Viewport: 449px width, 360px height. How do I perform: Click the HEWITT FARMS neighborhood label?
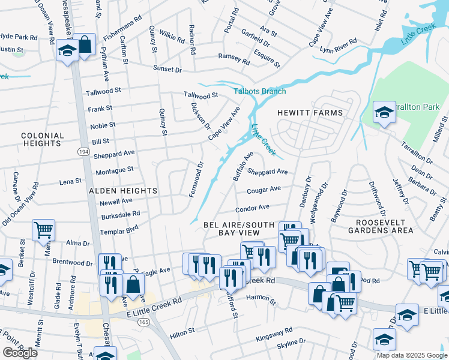(x=310, y=113)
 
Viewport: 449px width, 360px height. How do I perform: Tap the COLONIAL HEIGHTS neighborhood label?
(x=43, y=140)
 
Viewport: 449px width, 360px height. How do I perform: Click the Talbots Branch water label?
(x=259, y=91)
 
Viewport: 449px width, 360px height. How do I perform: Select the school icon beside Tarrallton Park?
(x=384, y=112)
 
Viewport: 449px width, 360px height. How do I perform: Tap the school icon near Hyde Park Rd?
(x=67, y=51)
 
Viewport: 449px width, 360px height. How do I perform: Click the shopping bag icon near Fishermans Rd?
(x=85, y=44)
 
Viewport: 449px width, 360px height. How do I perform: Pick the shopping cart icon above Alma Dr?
(x=43, y=229)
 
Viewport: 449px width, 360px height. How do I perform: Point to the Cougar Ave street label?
(x=264, y=190)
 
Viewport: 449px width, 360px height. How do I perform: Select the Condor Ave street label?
(x=252, y=208)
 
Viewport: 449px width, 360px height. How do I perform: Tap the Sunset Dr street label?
(x=167, y=70)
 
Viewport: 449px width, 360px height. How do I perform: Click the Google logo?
(x=20, y=353)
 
